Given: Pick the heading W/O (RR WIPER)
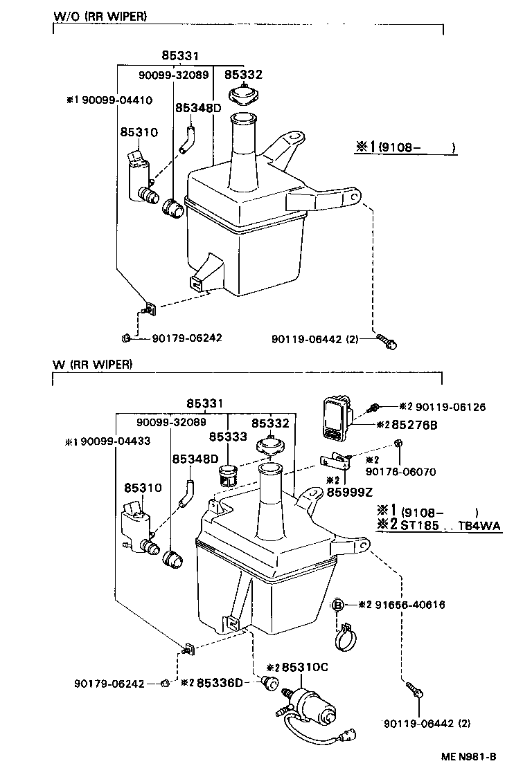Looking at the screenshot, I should coord(100,16).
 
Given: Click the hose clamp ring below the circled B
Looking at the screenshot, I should coord(346,641).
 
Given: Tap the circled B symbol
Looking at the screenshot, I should coord(339,604).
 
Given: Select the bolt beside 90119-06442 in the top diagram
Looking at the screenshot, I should coord(386,340).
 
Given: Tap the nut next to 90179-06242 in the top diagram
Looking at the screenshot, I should coord(126,338).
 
